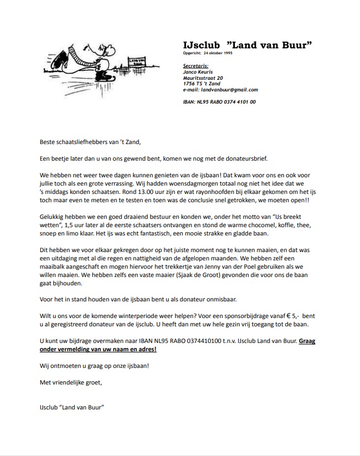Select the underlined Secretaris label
pyautogui.click(x=196, y=65)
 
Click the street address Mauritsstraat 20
pyautogui.click(x=203, y=78)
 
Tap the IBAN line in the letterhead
pyautogui.click(x=219, y=102)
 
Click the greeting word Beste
pyautogui.click(x=49, y=142)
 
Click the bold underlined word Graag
pyautogui.click(x=307, y=341)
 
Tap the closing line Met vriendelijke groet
pyautogui.click(x=70, y=382)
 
